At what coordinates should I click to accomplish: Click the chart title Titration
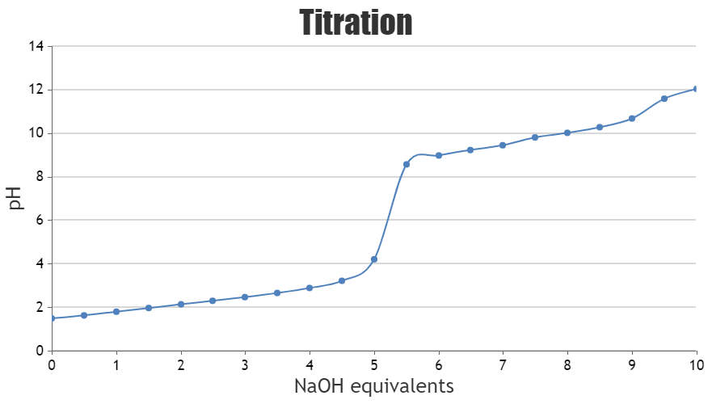pyautogui.click(x=356, y=23)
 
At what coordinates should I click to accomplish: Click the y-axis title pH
pyautogui.click(x=15, y=198)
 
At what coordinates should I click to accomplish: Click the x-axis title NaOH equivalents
pyautogui.click(x=373, y=386)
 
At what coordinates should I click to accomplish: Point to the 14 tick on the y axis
pyautogui.click(x=36, y=46)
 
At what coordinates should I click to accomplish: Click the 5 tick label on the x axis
pyautogui.click(x=374, y=364)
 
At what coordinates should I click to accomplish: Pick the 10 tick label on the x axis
pyautogui.click(x=696, y=364)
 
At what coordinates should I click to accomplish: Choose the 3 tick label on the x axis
pyautogui.click(x=245, y=364)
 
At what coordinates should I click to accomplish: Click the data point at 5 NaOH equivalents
pyautogui.click(x=374, y=259)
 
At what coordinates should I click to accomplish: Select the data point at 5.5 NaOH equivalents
pyautogui.click(x=407, y=164)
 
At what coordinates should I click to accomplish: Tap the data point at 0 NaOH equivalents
pyautogui.click(x=52, y=318)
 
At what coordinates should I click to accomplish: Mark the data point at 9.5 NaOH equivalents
pyautogui.click(x=664, y=99)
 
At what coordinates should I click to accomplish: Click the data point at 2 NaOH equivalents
pyautogui.click(x=181, y=304)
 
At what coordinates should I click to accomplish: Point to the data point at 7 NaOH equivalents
pyautogui.click(x=503, y=145)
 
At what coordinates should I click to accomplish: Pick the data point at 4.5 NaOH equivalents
pyautogui.click(x=342, y=280)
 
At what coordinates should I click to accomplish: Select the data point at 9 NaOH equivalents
pyautogui.click(x=632, y=119)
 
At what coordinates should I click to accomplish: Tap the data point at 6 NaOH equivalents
pyautogui.click(x=439, y=155)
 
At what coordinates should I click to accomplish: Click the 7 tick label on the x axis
pyautogui.click(x=503, y=364)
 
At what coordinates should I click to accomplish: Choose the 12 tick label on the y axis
pyautogui.click(x=36, y=90)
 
